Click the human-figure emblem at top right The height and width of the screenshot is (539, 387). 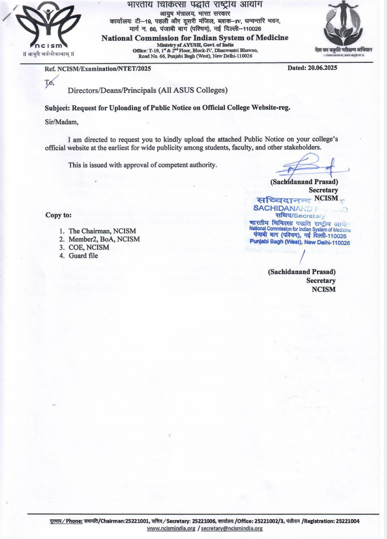[x=343, y=23]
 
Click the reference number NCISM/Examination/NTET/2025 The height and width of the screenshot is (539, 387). [x=104, y=69]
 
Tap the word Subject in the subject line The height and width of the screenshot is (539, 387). [x=57, y=108]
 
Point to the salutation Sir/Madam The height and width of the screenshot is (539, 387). [x=62, y=122]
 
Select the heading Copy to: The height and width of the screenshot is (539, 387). [x=58, y=215]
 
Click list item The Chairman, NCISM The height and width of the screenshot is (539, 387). [x=102, y=231]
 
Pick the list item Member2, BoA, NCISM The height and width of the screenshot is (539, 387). [x=104, y=239]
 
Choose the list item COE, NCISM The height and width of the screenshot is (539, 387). [x=89, y=247]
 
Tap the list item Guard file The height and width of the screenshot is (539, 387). [x=83, y=255]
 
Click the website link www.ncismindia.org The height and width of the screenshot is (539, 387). [x=171, y=528]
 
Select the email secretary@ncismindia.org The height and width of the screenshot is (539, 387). [x=232, y=528]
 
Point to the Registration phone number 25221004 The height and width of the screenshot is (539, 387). [x=346, y=521]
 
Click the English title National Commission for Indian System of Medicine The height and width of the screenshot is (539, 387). [x=195, y=38]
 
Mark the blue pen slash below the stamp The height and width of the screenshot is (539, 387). [x=302, y=257]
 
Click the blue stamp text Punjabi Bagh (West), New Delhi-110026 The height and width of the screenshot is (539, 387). [x=300, y=242]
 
